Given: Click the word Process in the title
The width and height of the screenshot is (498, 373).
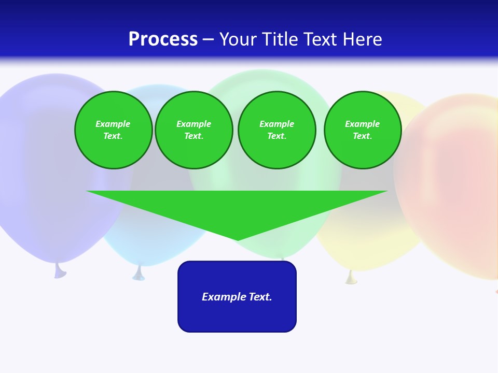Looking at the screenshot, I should [x=163, y=39].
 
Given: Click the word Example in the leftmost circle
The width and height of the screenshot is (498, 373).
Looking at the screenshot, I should [x=113, y=124].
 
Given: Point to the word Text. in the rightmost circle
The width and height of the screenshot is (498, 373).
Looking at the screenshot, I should [x=362, y=136].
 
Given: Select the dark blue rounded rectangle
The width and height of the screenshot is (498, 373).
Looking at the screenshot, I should [x=237, y=316].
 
